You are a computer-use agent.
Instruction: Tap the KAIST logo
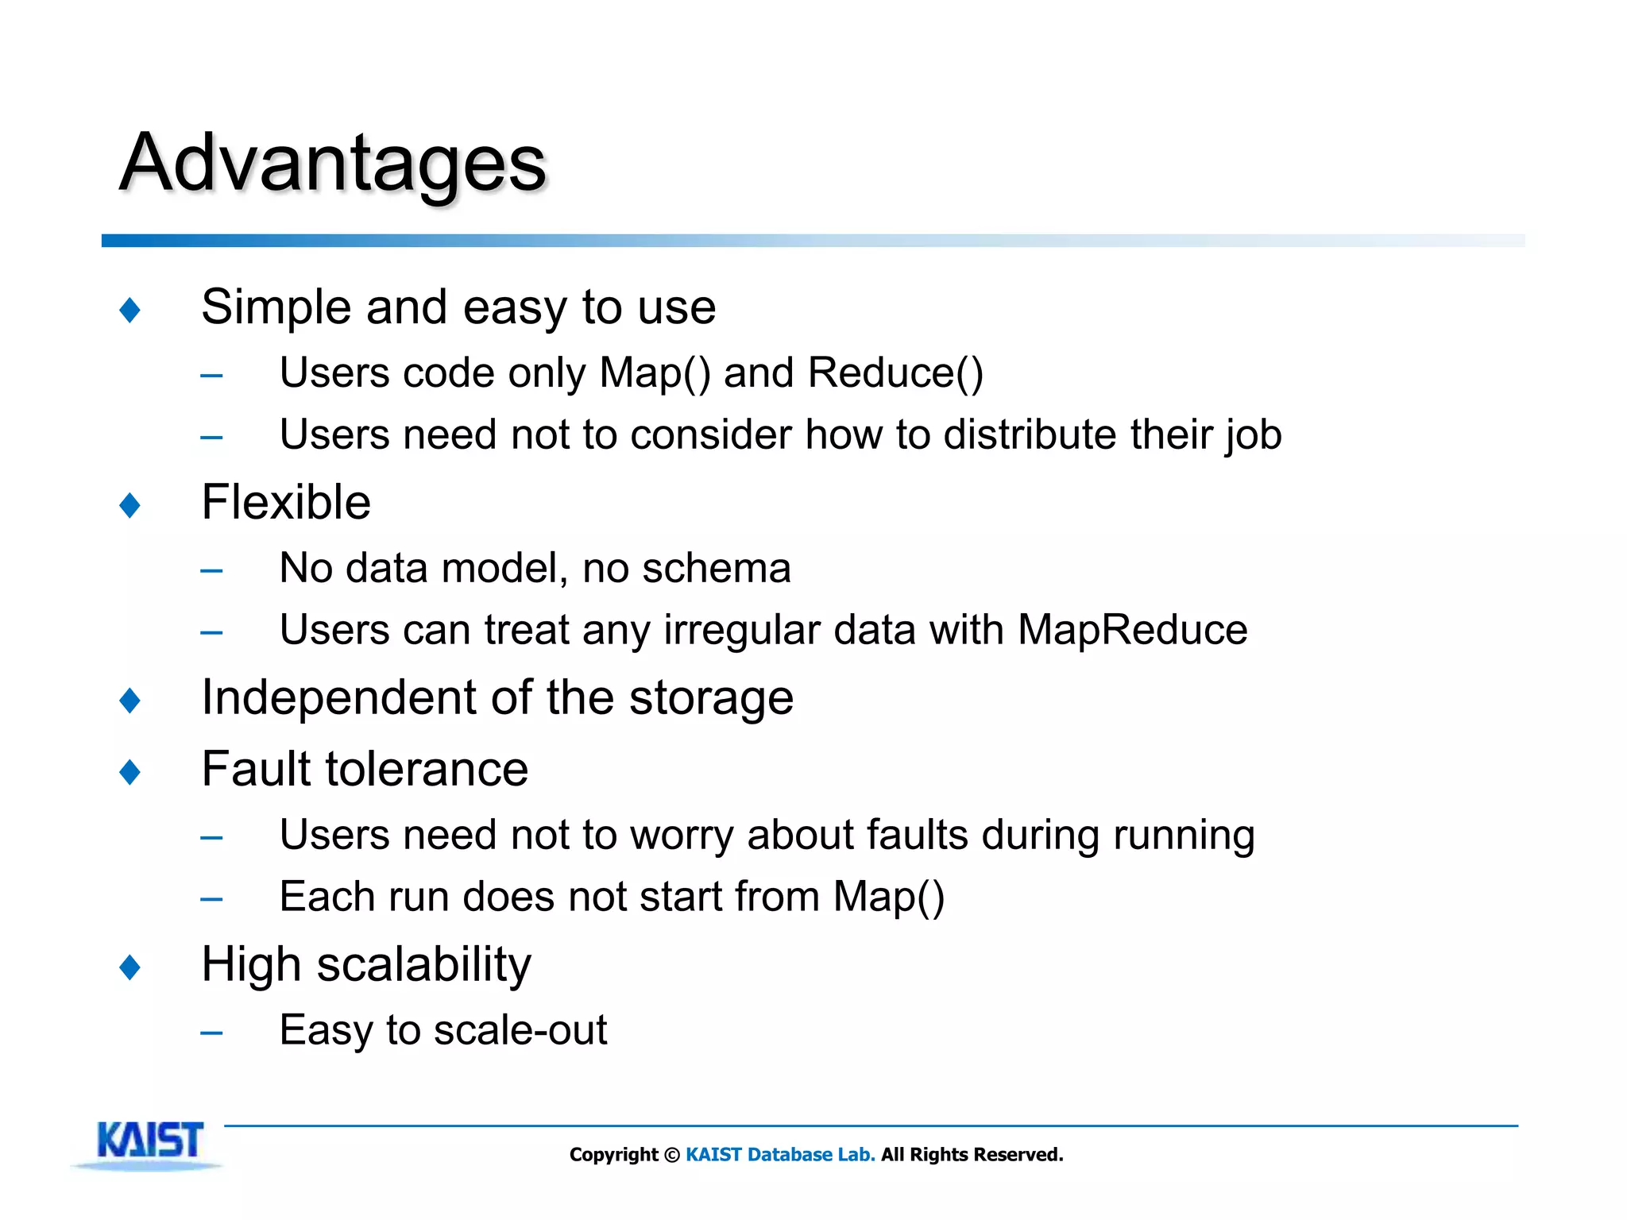pyautogui.click(x=150, y=1141)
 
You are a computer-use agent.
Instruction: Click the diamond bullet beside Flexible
pyautogui.click(x=129, y=505)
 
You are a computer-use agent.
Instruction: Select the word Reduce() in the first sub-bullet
pyautogui.click(x=895, y=373)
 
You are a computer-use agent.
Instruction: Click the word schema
pyautogui.click(x=716, y=569)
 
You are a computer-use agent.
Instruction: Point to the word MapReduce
pyautogui.click(x=1132, y=631)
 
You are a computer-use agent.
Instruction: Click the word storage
pyautogui.click(x=711, y=699)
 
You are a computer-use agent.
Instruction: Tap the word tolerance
pyautogui.click(x=425, y=770)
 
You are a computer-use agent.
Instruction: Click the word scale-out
pyautogui.click(x=520, y=1031)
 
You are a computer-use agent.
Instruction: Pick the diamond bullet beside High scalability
pyautogui.click(x=129, y=967)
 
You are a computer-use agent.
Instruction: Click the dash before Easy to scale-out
pyautogui.click(x=211, y=1033)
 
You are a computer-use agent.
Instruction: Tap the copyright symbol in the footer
pyautogui.click(x=672, y=1156)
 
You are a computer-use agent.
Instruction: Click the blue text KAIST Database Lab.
pyautogui.click(x=780, y=1155)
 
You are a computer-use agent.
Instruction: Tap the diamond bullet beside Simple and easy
pyautogui.click(x=129, y=310)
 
